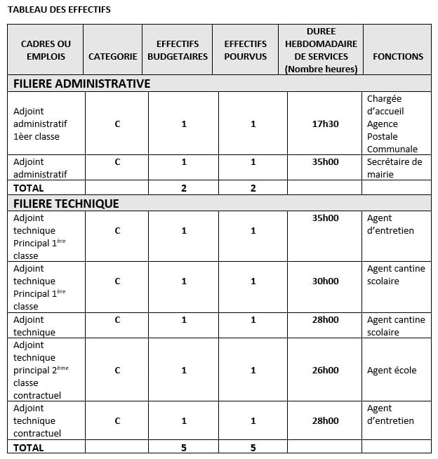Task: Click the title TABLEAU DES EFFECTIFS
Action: (59, 9)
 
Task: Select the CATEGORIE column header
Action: (112, 56)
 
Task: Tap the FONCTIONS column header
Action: (398, 56)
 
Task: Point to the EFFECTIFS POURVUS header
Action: (245, 50)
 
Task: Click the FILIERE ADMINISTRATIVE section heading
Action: (82, 84)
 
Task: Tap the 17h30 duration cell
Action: (325, 124)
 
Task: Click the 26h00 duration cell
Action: (325, 370)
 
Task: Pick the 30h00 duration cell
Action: (325, 281)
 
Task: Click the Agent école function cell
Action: (392, 370)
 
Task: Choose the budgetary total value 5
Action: (184, 448)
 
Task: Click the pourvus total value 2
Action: (253, 188)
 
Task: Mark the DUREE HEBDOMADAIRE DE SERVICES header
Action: (321, 50)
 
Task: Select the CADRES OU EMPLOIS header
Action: (46, 50)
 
